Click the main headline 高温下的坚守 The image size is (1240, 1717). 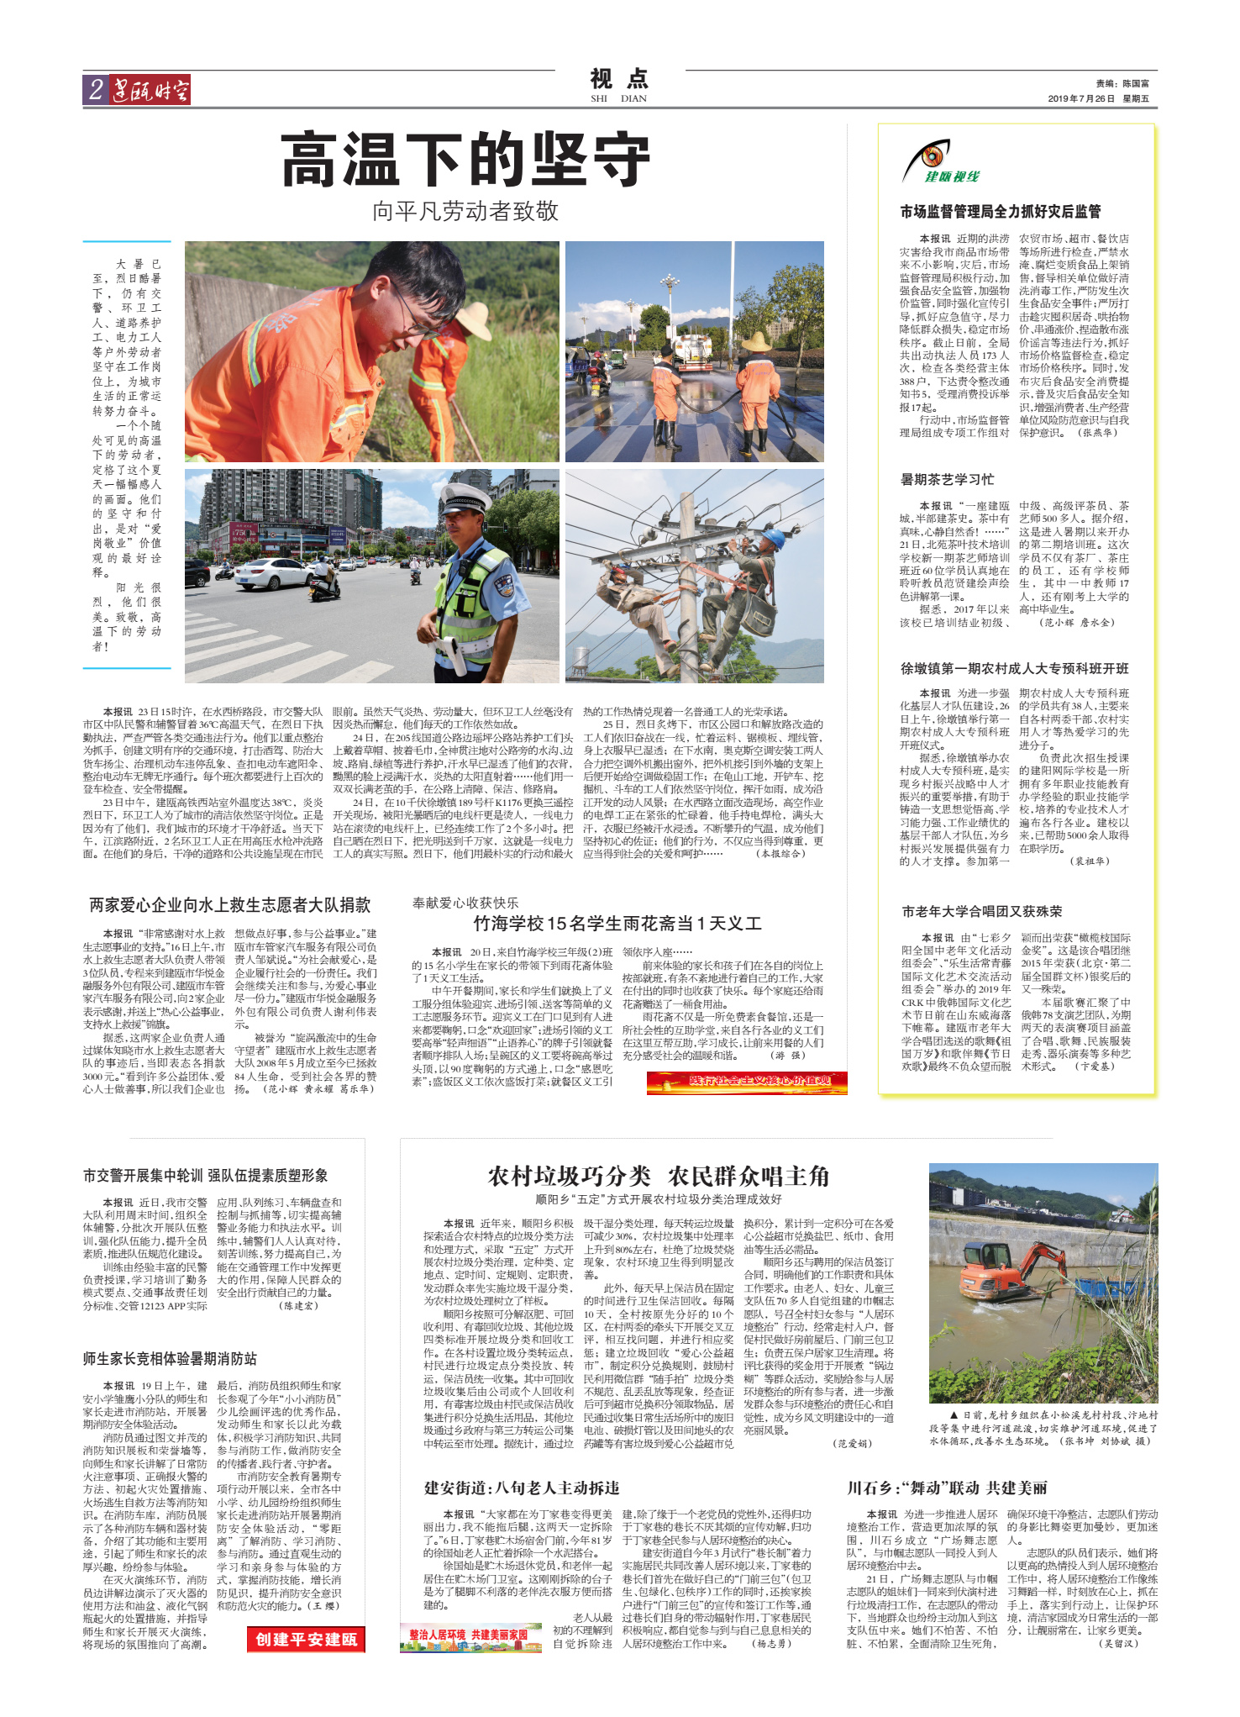pos(465,160)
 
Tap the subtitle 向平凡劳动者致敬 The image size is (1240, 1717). pos(465,211)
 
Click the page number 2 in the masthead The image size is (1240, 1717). pos(96,90)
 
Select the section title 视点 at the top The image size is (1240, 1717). pos(619,79)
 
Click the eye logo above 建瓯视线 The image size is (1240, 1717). pos(930,156)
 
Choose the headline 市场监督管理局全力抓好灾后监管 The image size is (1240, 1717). pos(1000,212)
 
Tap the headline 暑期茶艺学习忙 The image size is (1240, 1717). pos(947,479)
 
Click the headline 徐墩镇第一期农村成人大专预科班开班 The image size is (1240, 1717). pos(1014,668)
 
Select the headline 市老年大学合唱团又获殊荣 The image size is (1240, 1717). pos(981,911)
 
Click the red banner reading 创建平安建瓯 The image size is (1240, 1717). pos(306,1639)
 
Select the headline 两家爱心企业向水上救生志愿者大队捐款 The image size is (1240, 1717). pos(229,905)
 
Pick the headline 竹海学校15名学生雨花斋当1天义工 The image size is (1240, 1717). pos(617,924)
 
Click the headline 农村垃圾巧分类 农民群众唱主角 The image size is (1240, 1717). pos(658,1176)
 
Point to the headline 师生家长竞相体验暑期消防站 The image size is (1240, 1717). pos(170,1359)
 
